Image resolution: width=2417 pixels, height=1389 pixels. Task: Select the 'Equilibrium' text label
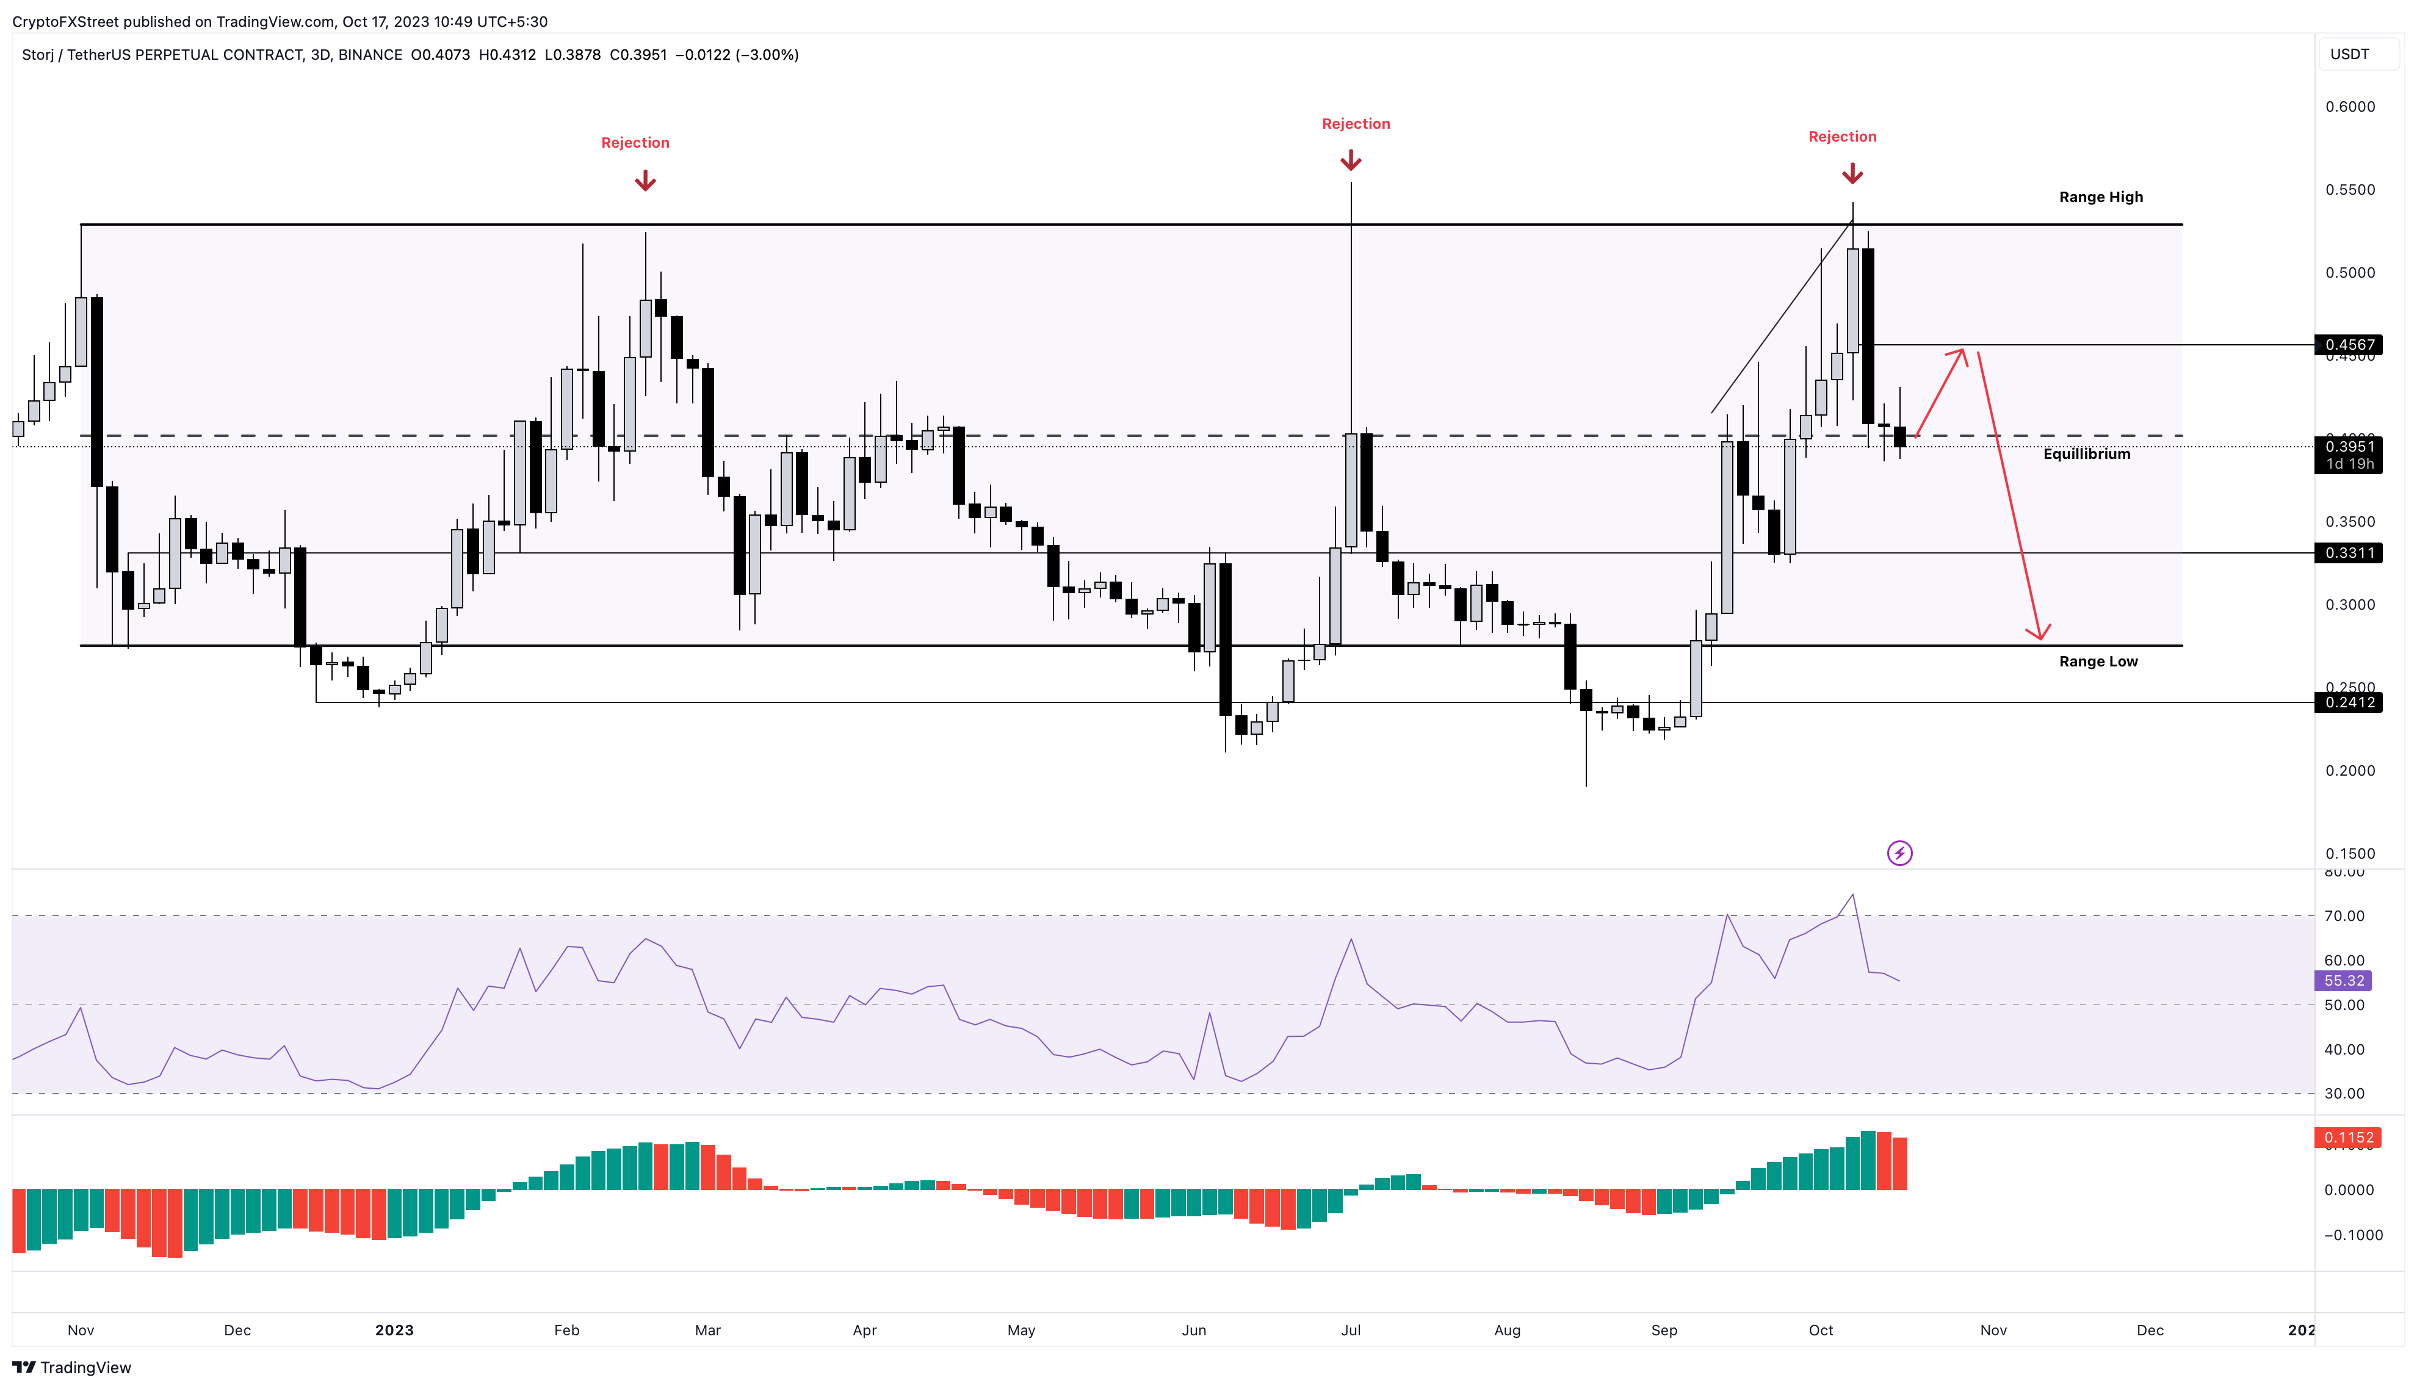2086,453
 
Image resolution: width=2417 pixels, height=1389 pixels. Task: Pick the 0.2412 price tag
2348,702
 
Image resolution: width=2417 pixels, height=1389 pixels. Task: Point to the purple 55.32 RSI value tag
2344,981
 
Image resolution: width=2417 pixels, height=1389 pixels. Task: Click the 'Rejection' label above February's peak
635,142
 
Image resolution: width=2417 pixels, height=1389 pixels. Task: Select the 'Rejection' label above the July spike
1356,123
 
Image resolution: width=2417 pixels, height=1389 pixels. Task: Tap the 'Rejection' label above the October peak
1842,137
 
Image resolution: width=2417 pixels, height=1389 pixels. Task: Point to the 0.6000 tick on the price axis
2349,106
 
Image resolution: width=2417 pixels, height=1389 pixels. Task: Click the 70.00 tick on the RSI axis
2344,916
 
